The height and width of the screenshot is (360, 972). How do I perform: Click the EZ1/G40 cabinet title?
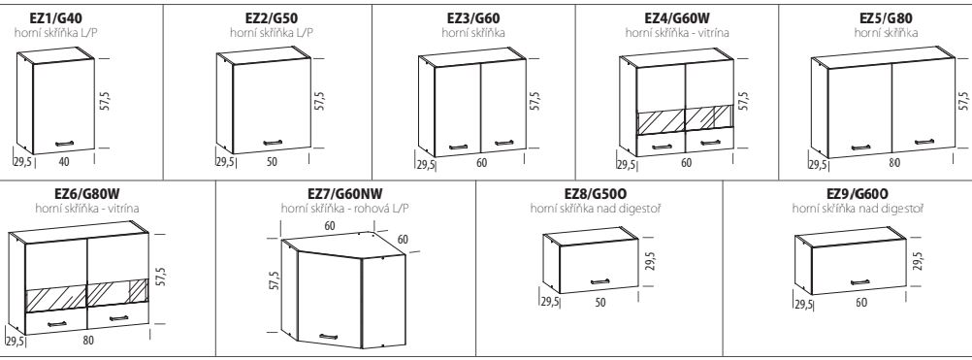56,17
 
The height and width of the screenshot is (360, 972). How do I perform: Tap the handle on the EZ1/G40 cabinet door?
64,144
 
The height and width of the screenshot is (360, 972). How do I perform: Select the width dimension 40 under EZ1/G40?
64,162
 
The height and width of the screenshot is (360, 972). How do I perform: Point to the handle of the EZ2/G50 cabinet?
273,144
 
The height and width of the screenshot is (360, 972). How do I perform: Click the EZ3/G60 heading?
473,17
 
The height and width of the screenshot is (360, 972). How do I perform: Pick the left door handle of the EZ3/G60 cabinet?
458,147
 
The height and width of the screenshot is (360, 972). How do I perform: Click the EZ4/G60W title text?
677,17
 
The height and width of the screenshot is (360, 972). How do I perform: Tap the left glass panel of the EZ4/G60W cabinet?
661,121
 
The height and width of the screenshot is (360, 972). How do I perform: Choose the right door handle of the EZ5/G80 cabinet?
924,143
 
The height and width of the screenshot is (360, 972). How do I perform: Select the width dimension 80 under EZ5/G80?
893,164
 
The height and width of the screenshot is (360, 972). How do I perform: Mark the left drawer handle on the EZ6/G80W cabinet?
57,323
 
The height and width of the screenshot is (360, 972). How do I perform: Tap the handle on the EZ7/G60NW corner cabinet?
329,337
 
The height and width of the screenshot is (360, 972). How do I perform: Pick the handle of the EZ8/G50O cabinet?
599,282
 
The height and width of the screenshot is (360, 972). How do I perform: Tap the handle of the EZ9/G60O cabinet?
859,282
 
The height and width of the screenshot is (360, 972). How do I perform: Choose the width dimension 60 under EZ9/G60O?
861,303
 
